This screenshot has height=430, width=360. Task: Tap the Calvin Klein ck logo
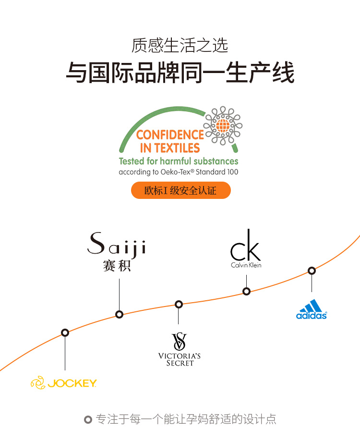tap(246, 249)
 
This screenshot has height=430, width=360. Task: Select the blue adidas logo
tap(312, 309)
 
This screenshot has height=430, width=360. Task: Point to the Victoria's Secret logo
tap(179, 349)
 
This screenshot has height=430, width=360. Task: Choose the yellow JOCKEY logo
tap(64, 383)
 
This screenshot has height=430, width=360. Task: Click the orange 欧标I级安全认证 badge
tap(180, 190)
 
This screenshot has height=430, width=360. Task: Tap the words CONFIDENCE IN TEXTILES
tap(170, 141)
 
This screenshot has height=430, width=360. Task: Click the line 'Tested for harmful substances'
tap(179, 161)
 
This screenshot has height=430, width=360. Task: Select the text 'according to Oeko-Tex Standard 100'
tap(179, 172)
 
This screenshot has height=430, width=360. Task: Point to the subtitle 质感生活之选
tap(180, 46)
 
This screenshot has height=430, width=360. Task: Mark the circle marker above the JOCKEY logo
tap(65, 332)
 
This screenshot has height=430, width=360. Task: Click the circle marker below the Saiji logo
tap(119, 314)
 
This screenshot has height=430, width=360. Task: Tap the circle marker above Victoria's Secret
tap(179, 304)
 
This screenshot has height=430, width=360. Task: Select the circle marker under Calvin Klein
tap(246, 291)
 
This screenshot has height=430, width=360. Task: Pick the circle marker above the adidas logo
tap(312, 270)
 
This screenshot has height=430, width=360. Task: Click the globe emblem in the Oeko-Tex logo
tap(223, 126)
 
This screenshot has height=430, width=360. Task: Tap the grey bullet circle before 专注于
tap(88, 419)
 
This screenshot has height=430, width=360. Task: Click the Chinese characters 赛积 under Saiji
tap(117, 266)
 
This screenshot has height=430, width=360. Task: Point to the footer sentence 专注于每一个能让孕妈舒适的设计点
tap(186, 419)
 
